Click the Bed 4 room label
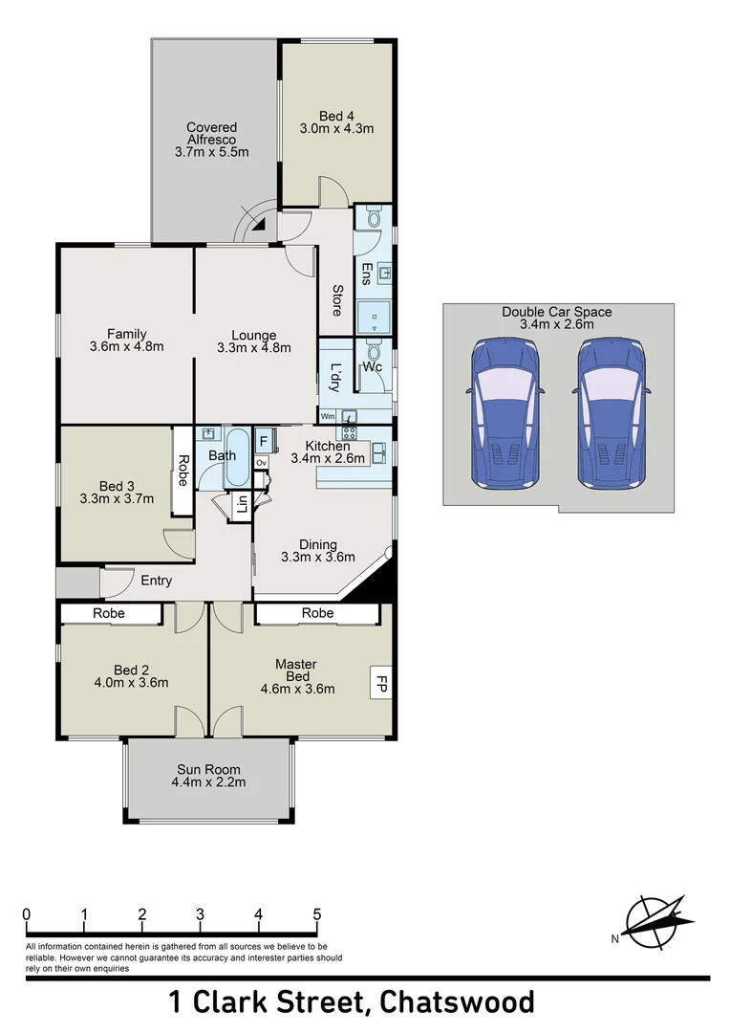point(336,116)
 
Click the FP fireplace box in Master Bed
point(379,684)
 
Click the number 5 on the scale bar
point(316,914)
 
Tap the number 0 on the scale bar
point(27,914)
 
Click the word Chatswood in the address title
point(457,1002)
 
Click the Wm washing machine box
point(328,416)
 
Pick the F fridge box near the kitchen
point(263,443)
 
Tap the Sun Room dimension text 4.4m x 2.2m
point(208,782)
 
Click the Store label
point(337,300)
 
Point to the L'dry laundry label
point(334,378)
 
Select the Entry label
point(157,581)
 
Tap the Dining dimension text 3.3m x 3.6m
point(318,557)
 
